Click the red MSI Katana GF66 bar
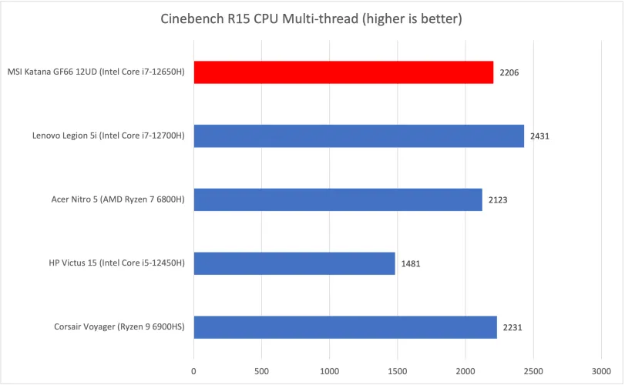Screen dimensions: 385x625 343,72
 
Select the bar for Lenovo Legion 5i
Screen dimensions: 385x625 358,136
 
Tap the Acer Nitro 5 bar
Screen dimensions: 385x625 338,200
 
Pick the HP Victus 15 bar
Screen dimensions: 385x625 294,263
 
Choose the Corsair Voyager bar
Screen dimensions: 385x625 344,327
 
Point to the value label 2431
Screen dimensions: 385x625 540,136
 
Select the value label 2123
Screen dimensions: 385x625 499,200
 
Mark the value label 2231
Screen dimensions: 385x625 513,327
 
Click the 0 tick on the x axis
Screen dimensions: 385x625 193,370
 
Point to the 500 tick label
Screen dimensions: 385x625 261,370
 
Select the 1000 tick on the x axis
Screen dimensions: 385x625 329,370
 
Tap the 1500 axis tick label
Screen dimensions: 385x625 397,370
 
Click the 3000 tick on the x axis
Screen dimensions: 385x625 600,370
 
